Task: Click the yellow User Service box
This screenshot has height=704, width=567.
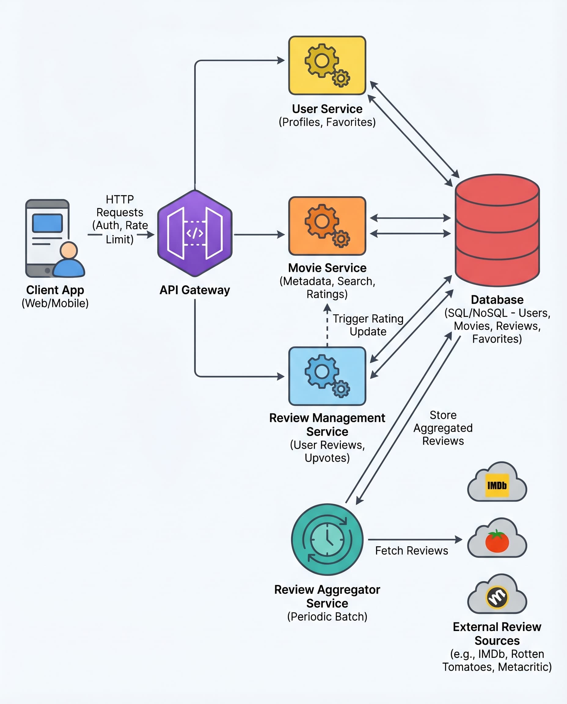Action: pyautogui.click(x=327, y=65)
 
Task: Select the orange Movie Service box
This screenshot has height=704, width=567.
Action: pyautogui.click(x=327, y=226)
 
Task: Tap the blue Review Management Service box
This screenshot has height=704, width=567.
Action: pyautogui.click(x=327, y=376)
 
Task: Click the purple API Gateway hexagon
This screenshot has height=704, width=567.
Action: pyautogui.click(x=195, y=233)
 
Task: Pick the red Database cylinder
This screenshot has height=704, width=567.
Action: pyautogui.click(x=497, y=230)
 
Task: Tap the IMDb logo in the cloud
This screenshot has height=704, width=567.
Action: pyautogui.click(x=497, y=486)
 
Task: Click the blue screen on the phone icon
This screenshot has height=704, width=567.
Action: pyautogui.click(x=47, y=223)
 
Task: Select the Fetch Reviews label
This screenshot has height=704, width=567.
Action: pyautogui.click(x=411, y=551)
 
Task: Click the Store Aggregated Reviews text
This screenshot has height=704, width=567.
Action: pyautogui.click(x=443, y=428)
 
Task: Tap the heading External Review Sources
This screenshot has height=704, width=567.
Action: pyautogui.click(x=497, y=633)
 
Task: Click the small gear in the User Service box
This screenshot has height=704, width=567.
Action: pyautogui.click(x=341, y=78)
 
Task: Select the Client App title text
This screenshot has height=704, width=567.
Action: pyautogui.click(x=55, y=290)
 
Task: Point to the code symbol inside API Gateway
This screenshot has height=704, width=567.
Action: pyautogui.click(x=195, y=233)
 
